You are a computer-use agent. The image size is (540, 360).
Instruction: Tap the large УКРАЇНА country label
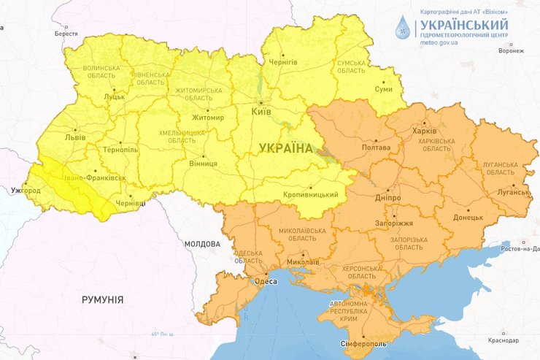[285, 148]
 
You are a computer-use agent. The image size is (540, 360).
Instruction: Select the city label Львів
[75, 137]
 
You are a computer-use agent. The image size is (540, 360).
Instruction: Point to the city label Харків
[424, 131]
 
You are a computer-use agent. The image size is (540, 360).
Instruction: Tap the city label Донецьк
[468, 217]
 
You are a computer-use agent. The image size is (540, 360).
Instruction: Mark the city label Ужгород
[26, 191]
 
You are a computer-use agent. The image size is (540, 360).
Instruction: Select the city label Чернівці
[132, 204]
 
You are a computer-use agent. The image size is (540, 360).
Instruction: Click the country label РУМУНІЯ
[103, 299]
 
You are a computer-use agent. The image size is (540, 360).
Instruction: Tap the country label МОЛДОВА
[202, 244]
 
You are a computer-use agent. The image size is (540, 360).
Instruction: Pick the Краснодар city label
[504, 341]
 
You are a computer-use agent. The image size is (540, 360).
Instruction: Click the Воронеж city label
[511, 51]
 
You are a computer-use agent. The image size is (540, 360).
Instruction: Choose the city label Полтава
[377, 147]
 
